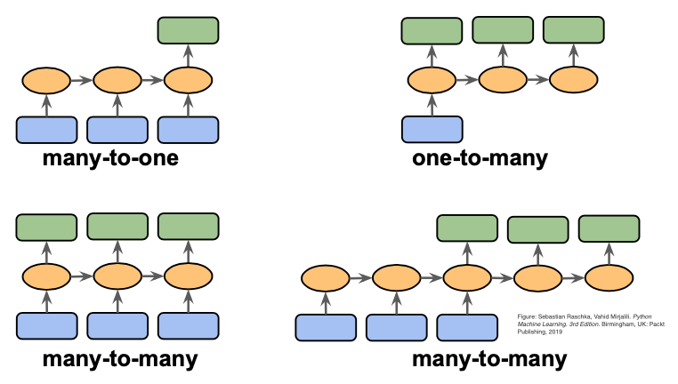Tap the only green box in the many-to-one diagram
click(x=188, y=30)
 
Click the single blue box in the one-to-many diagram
click(x=432, y=129)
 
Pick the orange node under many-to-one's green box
click(x=188, y=81)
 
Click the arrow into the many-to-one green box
click(x=188, y=55)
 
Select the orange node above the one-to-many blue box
click(x=432, y=81)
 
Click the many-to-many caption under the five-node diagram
click(x=489, y=360)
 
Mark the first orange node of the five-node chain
click(x=325, y=279)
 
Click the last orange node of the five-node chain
click(x=609, y=279)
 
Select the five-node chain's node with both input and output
click(x=466, y=279)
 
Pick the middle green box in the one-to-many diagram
click(x=502, y=30)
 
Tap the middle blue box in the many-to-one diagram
click(x=117, y=130)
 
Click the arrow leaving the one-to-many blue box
click(x=432, y=105)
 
